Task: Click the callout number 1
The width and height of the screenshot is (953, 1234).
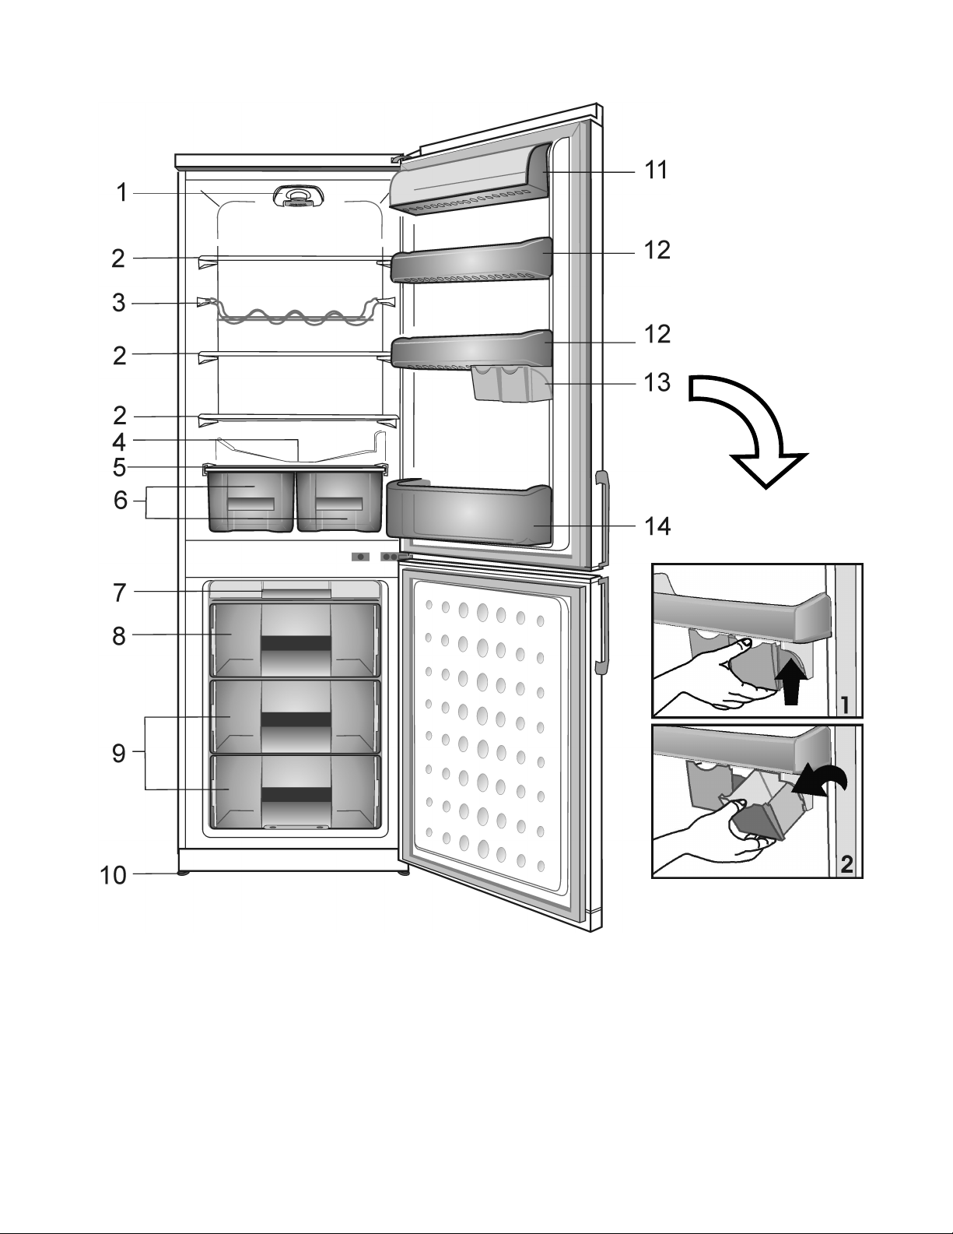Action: coord(122,193)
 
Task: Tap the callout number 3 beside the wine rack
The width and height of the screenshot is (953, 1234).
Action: coord(118,303)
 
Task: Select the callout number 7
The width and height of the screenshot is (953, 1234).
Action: coord(119,593)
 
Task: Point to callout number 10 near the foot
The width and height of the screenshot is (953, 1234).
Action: coord(113,875)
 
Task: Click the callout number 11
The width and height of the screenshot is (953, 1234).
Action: coord(657,171)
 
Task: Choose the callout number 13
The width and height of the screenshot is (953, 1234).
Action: coord(657,383)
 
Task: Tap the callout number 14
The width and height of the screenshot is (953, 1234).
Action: coord(657,526)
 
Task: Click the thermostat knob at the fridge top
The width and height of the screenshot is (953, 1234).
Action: coord(299,197)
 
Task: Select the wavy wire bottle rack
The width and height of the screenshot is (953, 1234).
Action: coord(294,314)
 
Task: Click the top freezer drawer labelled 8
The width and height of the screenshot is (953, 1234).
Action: coord(295,640)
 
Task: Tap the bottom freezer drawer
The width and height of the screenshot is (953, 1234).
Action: coord(295,791)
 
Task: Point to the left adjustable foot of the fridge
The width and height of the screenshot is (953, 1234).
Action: coord(184,873)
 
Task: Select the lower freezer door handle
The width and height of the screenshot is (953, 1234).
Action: coord(602,625)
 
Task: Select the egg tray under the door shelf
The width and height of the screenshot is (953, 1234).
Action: coord(510,384)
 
